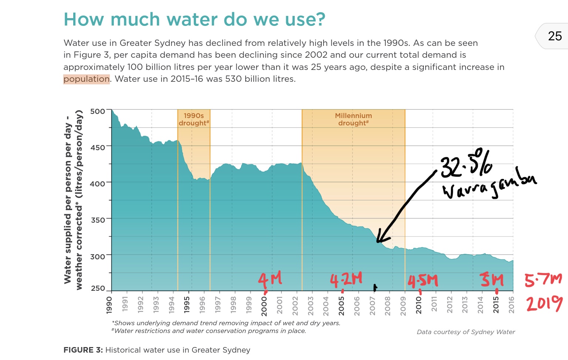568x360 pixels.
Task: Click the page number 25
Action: click(x=555, y=36)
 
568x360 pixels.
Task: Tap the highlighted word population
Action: click(x=87, y=79)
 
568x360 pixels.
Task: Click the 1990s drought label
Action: click(x=194, y=120)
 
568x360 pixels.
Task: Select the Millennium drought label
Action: click(x=353, y=120)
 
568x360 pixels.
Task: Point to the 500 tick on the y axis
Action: click(x=98, y=111)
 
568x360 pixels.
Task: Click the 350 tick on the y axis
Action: click(x=98, y=220)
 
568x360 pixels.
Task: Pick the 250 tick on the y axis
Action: click(x=98, y=288)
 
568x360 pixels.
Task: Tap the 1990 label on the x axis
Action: click(x=109, y=305)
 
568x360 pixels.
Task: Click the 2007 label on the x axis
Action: click(x=372, y=306)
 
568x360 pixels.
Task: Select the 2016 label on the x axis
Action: click(x=511, y=305)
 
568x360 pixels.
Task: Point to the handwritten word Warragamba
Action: click(x=488, y=187)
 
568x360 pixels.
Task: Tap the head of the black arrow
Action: click(x=379, y=240)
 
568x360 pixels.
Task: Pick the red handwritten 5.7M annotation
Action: click(x=543, y=280)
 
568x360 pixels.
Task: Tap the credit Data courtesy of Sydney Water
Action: click(x=466, y=332)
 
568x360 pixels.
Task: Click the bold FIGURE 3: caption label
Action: click(x=83, y=350)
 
